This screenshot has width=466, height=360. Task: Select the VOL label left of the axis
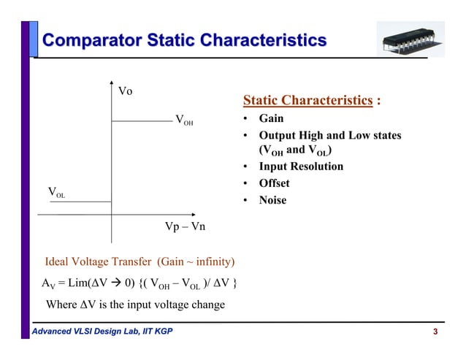(56, 193)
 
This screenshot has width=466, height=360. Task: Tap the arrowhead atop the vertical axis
(112, 80)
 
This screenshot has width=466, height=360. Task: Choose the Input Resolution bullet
(301, 166)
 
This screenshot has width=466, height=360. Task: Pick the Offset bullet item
(275, 183)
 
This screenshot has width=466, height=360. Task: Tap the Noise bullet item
(272, 200)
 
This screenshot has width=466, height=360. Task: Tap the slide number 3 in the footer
(436, 334)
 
